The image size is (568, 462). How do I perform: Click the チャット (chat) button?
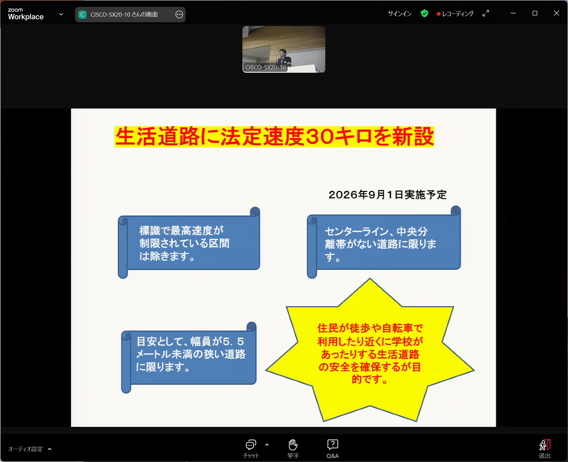[251, 449]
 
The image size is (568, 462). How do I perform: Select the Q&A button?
[333, 449]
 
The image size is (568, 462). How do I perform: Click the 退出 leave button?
[545, 449]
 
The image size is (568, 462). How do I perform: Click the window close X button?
[556, 13]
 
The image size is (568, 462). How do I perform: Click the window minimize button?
[513, 13]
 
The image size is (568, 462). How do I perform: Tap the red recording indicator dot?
[438, 14]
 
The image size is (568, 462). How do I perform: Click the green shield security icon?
[425, 13]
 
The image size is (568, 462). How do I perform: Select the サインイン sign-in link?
[399, 14]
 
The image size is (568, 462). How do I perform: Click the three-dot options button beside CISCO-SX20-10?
[179, 14]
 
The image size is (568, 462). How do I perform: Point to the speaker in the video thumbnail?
[284, 57]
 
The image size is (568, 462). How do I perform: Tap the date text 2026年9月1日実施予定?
[387, 194]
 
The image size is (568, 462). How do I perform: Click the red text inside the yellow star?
[370, 353]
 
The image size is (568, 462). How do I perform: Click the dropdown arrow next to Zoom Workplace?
[61, 14]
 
